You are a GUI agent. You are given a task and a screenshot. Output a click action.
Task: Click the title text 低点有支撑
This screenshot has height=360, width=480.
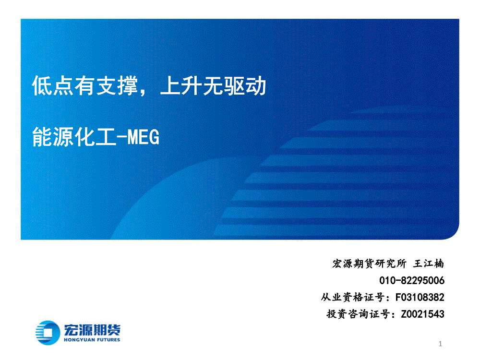click(x=85, y=86)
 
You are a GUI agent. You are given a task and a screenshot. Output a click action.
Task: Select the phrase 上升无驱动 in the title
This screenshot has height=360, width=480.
click(x=213, y=86)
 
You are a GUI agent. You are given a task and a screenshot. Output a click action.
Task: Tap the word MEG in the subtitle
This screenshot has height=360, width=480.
click(x=143, y=137)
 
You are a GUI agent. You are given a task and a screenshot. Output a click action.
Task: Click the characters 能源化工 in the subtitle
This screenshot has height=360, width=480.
click(x=74, y=137)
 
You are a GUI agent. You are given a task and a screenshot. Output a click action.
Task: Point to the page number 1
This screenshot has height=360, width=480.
click(x=440, y=344)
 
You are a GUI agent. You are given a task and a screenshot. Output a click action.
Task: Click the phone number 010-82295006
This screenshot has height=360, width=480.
click(x=412, y=280)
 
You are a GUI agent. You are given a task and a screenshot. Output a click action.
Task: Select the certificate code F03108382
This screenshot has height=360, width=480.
click(x=420, y=297)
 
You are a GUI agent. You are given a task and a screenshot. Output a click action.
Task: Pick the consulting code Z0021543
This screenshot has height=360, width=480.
click(x=422, y=314)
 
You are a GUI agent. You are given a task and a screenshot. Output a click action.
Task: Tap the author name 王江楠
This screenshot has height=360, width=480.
click(x=429, y=264)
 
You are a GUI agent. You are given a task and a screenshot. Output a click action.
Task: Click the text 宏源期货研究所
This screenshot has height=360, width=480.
click(x=369, y=264)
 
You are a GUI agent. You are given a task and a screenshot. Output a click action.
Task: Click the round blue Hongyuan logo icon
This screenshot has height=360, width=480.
click(x=48, y=333)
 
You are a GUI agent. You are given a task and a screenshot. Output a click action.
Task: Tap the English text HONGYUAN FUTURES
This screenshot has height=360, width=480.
click(x=92, y=340)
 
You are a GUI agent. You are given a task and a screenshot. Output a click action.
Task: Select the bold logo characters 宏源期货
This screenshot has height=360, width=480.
click(x=92, y=330)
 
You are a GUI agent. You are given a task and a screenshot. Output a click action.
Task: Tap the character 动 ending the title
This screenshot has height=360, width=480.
click(x=256, y=86)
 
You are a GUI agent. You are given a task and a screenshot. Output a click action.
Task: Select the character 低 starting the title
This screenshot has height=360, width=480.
click(x=42, y=86)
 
